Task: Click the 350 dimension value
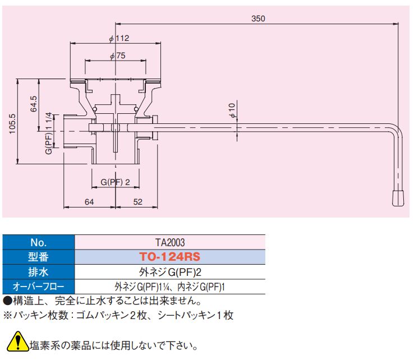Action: point(258,19)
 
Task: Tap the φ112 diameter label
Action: point(119,39)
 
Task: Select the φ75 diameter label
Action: point(117,56)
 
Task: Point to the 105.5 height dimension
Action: point(12,124)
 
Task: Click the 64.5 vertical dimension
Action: point(34,104)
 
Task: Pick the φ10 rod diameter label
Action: point(232,110)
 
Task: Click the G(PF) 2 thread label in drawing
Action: point(115,182)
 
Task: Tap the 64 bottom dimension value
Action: point(89,202)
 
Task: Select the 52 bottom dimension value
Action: point(138,202)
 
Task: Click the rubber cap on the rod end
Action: point(398,198)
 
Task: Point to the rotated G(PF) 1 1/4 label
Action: point(49,133)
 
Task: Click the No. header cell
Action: point(39,242)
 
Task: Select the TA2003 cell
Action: point(170,242)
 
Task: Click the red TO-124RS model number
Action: point(170,257)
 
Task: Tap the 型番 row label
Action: point(39,257)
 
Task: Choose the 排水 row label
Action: point(39,272)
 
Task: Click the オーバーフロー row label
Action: point(39,287)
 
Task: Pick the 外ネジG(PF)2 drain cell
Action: point(170,272)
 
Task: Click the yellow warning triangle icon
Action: point(18,342)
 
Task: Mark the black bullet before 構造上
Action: point(8,301)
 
